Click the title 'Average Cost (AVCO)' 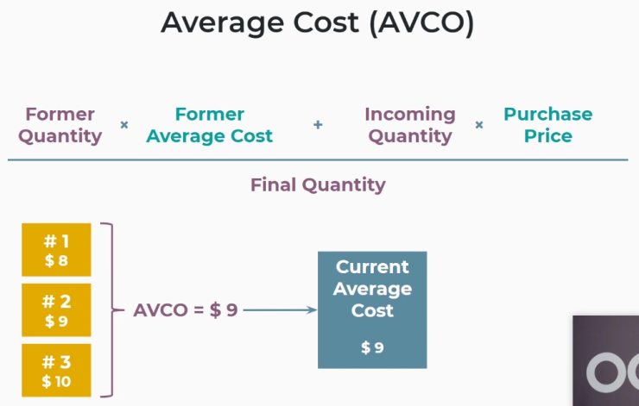pos(318,23)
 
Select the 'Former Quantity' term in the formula pos(60,125)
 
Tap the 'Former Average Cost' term pos(210,125)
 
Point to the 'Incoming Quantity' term pos(410,125)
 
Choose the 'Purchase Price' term pos(548,125)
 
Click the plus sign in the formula pos(318,124)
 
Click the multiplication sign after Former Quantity pos(124,124)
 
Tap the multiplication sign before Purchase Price pos(479,124)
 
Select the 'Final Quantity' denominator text pos(318,185)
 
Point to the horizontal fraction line pos(318,159)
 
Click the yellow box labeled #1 pos(56,250)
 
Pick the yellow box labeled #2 pos(56,310)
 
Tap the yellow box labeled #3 pos(56,370)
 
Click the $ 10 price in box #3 pos(56,382)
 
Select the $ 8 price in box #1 pos(56,260)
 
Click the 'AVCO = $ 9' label pos(186,310)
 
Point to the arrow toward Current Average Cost pos(280,310)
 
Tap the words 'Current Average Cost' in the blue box pos(372,289)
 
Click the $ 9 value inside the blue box pos(372,348)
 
